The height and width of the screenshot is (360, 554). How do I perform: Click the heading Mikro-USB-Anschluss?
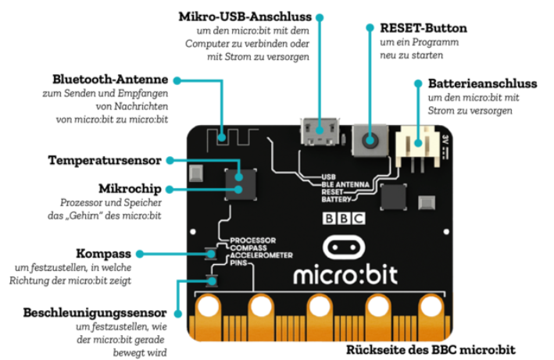(245, 16)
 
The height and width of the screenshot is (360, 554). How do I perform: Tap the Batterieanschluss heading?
(482, 83)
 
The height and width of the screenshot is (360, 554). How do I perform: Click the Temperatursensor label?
(104, 160)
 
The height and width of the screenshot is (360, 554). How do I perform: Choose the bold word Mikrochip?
(130, 189)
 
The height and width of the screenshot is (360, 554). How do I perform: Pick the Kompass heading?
(104, 254)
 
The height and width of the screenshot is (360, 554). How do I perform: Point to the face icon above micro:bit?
(344, 248)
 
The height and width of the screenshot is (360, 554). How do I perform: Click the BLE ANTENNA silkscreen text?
(344, 184)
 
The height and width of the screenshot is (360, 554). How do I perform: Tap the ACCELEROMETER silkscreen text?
(261, 255)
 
